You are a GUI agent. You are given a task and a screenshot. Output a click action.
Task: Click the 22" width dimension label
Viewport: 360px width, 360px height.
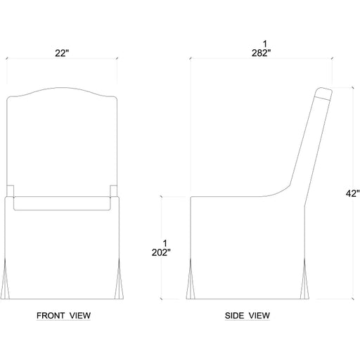point(62,53)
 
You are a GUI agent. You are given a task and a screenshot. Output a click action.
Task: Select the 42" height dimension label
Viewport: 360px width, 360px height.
point(352,193)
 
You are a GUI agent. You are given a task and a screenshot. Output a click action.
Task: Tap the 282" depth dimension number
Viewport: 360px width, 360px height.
point(261,53)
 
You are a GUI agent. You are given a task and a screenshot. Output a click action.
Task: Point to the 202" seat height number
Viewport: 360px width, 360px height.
point(161,252)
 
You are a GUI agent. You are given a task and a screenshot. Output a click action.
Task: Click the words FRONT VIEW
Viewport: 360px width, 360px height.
point(63,316)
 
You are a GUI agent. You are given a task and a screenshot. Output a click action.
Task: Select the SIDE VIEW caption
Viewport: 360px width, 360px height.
point(247,316)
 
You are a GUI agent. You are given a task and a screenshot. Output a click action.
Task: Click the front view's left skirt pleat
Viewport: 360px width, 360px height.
point(5,278)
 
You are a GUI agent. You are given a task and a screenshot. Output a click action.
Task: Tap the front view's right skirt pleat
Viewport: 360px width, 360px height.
point(119,278)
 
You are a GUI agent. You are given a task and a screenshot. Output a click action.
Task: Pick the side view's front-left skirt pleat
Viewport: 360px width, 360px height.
point(191,278)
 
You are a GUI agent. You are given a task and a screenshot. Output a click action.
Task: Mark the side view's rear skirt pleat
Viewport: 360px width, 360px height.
point(304,278)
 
